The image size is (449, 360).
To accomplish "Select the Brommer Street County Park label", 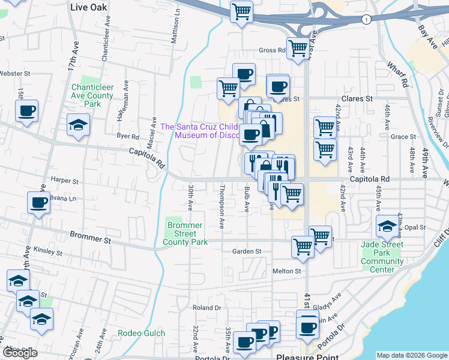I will click(x=185, y=233).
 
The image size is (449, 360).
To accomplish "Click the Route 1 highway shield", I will click(x=366, y=20).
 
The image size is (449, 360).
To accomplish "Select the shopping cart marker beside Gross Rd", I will click(x=298, y=48).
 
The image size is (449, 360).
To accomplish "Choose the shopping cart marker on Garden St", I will click(x=303, y=245).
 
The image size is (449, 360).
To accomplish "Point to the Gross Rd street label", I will click(x=271, y=50).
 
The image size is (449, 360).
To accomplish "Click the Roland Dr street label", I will click(x=206, y=307).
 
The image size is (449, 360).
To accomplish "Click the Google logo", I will click(x=20, y=353).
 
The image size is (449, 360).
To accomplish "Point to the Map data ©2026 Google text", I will click(x=411, y=355).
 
